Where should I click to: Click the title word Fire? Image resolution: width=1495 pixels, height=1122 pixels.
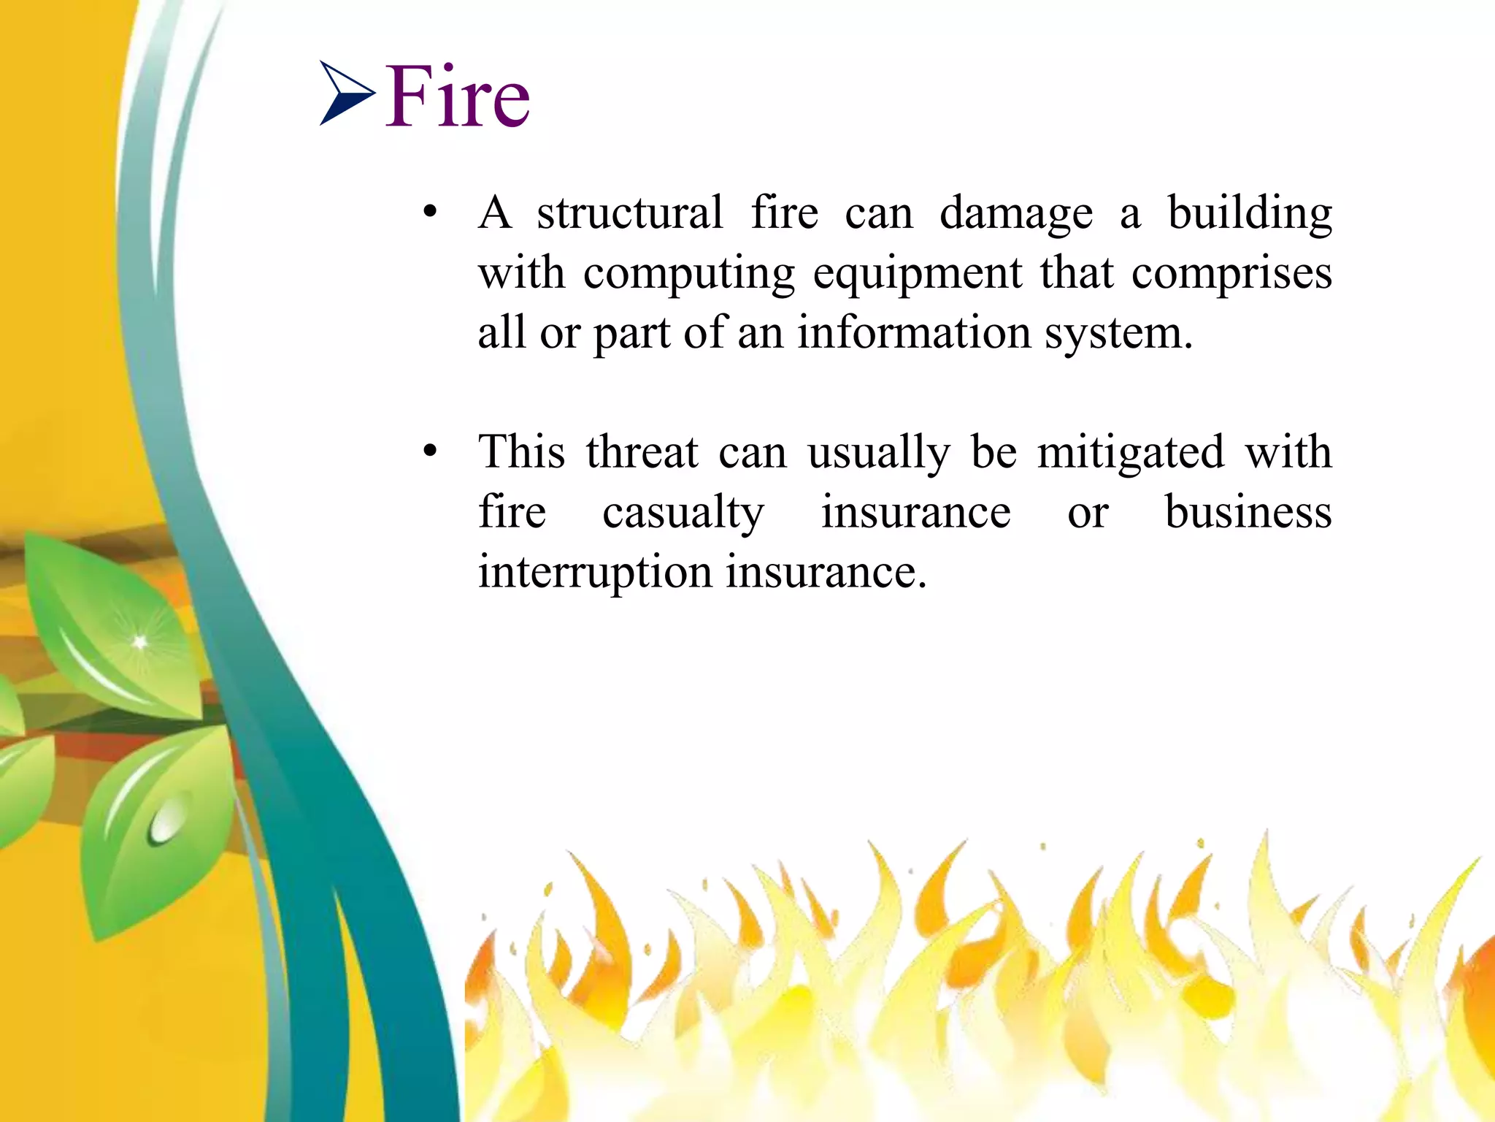pos(458,97)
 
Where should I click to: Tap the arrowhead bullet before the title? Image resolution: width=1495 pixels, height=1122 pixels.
pos(347,93)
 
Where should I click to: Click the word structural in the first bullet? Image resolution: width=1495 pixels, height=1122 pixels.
pos(630,213)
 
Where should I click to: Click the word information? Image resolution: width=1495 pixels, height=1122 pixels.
pos(914,333)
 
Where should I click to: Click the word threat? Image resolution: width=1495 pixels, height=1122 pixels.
pos(642,452)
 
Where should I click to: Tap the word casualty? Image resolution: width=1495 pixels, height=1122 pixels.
pos(683,513)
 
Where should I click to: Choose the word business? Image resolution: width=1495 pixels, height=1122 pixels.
pos(1248,511)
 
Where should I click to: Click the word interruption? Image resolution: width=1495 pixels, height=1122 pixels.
pos(595,572)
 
